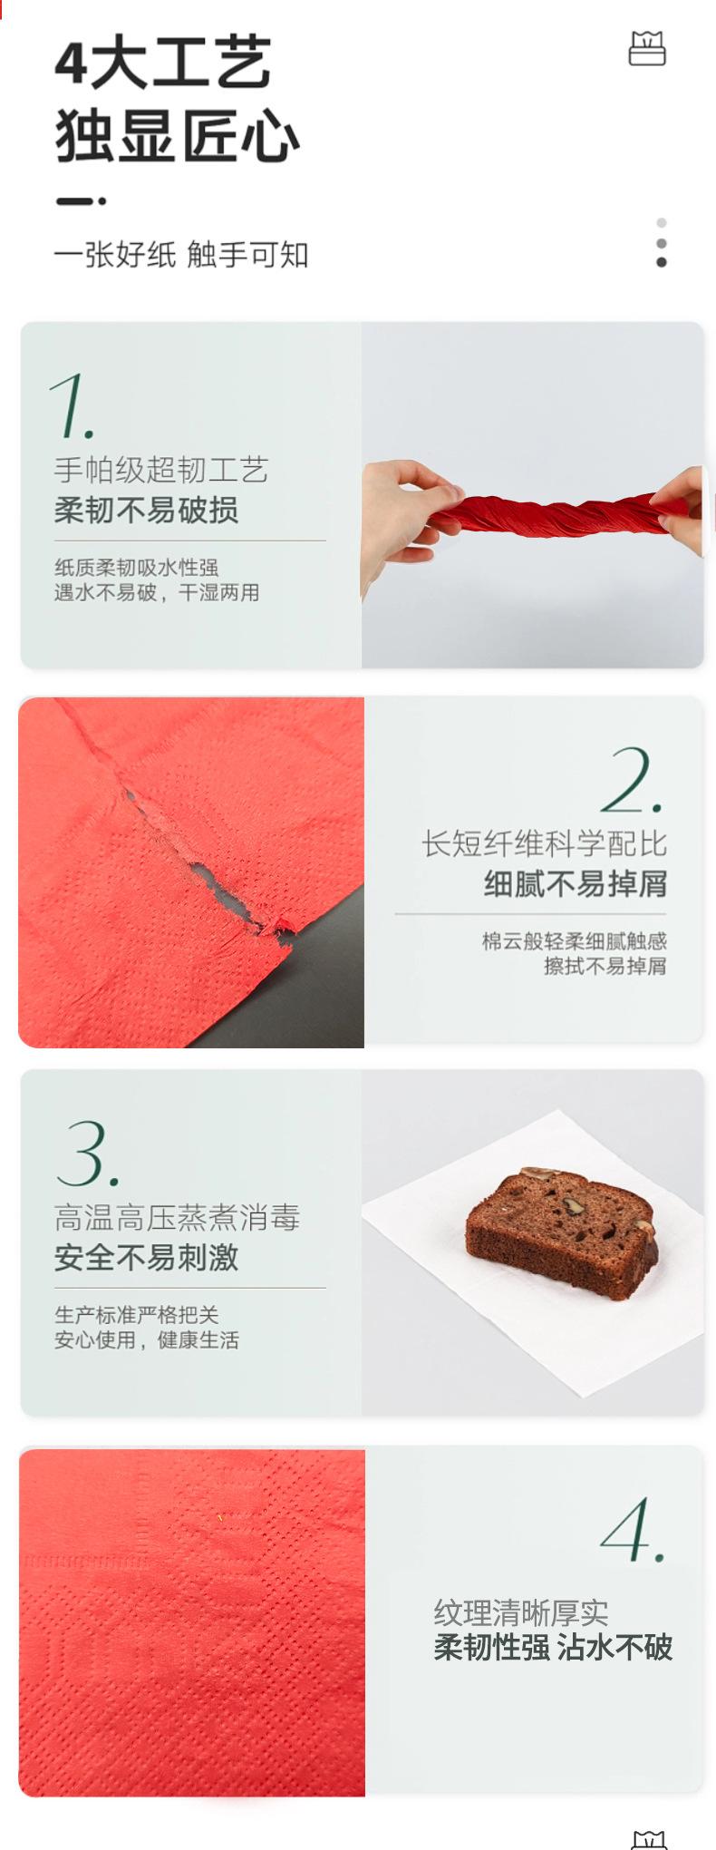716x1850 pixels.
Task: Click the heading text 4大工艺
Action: [163, 63]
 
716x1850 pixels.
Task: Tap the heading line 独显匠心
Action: [177, 137]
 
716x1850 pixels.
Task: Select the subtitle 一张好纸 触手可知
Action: [181, 255]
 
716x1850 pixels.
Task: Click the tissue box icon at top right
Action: [647, 49]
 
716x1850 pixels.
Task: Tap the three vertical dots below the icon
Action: [662, 243]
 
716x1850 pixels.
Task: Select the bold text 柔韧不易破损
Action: [147, 511]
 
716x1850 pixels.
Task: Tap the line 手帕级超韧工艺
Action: [161, 470]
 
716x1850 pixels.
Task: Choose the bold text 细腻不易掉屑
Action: [576, 884]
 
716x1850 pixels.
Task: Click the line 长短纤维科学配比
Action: [544, 844]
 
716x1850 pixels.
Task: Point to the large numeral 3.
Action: [86, 1154]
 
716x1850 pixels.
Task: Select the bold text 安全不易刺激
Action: [147, 1258]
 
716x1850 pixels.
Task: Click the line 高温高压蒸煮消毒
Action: [177, 1218]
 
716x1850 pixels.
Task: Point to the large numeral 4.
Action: [632, 1531]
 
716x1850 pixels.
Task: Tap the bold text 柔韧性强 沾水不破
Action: [553, 1648]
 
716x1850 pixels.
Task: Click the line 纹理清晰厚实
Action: [521, 1613]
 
